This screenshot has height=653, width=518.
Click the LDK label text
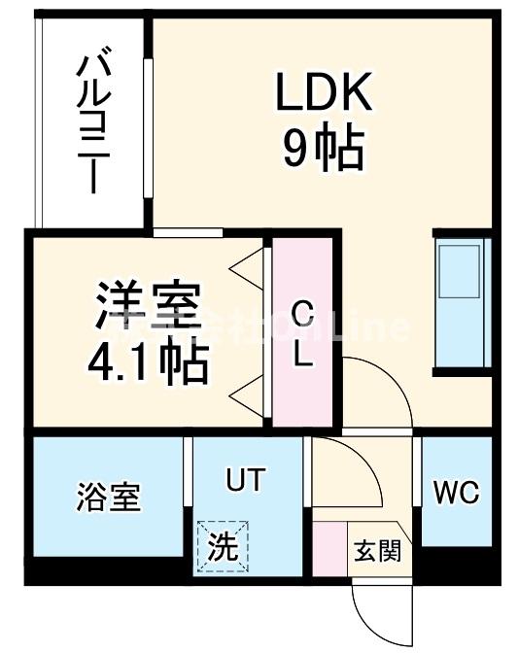(324, 95)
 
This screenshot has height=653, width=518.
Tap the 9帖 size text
(324, 149)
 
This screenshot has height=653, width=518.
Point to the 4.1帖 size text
(147, 361)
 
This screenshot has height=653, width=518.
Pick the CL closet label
(302, 333)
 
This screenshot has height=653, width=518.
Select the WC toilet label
(456, 493)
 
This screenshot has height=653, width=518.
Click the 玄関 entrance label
(375, 551)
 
